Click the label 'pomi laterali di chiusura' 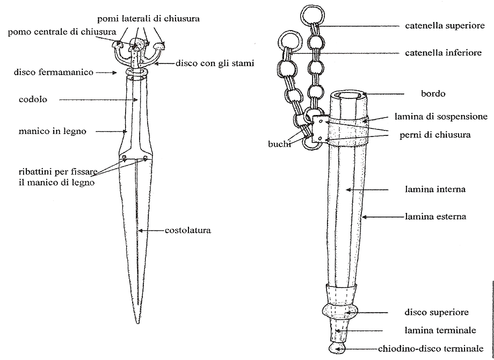[149, 19]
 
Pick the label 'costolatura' [187, 231]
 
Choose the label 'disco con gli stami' [215, 63]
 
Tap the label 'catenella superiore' [445, 25]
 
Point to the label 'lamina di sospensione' [441, 116]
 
